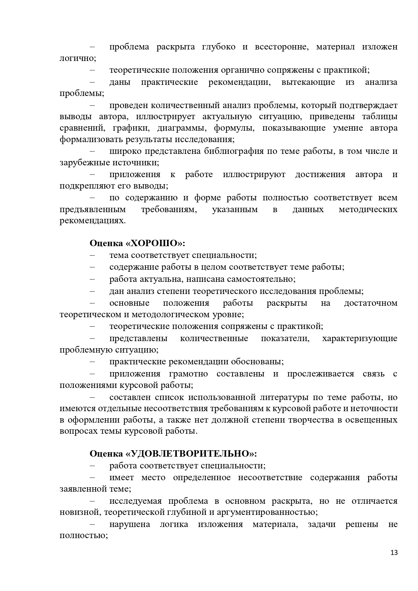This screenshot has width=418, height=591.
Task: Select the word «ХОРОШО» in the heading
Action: pos(157,243)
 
